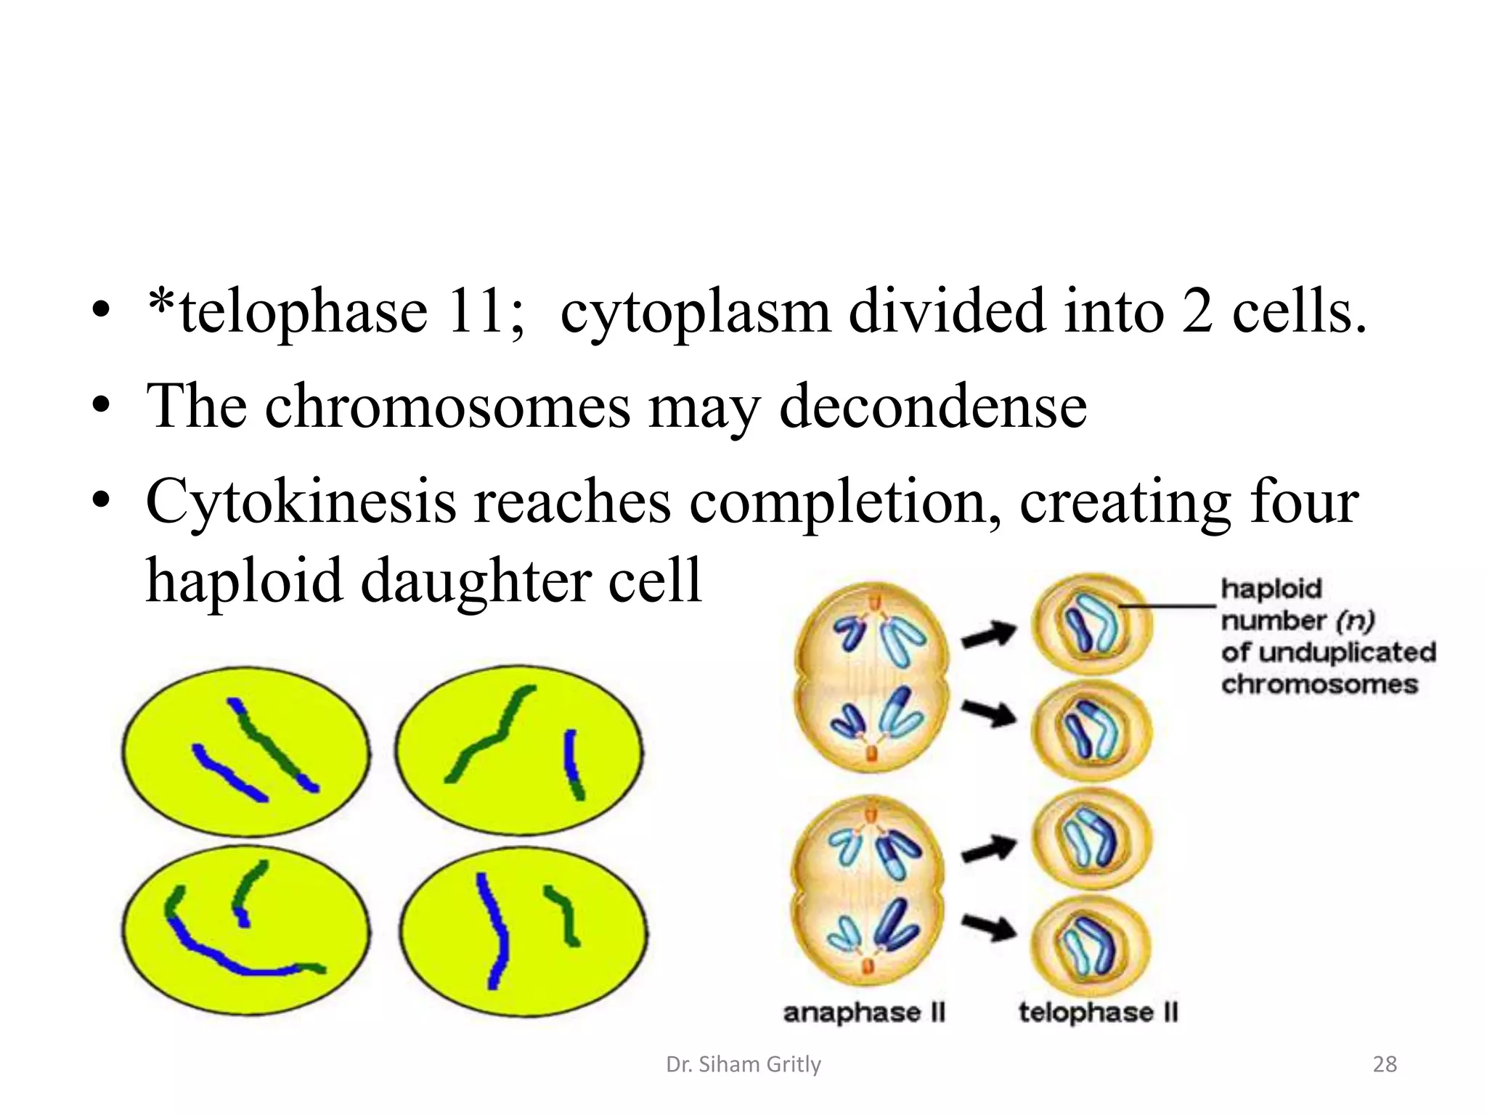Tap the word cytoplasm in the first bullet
click(x=695, y=312)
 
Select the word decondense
click(x=932, y=406)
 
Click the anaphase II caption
click(x=864, y=1013)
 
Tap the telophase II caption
click(x=1098, y=1013)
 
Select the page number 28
click(x=1385, y=1064)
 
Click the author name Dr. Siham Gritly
click(x=743, y=1064)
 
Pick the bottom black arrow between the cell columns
click(x=989, y=926)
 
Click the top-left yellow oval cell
click(x=245, y=751)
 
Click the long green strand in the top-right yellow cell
click(x=494, y=730)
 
